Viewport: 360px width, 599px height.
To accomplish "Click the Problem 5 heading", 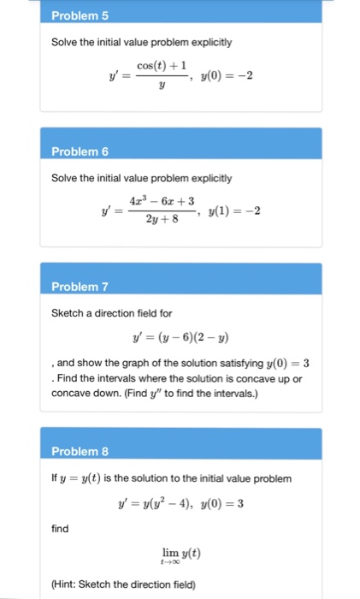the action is pyautogui.click(x=74, y=15).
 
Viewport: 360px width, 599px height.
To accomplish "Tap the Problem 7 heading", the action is pyautogui.click(x=75, y=286).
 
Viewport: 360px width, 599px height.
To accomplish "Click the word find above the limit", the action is pyautogui.click(x=60, y=529).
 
